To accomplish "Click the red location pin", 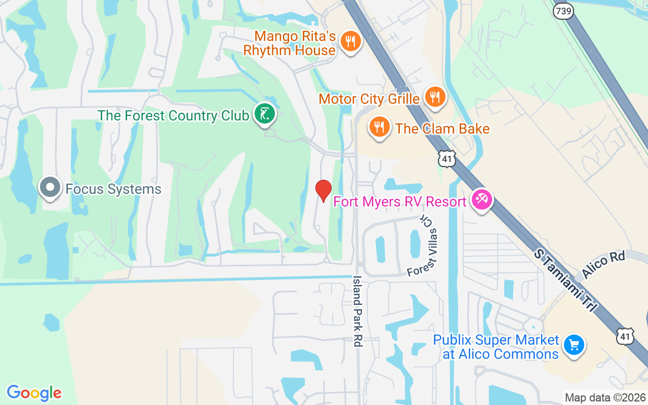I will pos(323,190).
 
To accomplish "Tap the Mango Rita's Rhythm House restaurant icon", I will pos(350,40).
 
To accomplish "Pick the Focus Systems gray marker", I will pos(50,187).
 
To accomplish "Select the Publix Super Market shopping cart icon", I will pos(574,345).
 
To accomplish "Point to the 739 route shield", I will pos(562,11).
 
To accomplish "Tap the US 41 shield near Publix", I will pos(625,336).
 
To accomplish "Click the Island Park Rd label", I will pos(358,311).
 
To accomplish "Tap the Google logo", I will pos(34,393).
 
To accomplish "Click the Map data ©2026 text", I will pos(605,398).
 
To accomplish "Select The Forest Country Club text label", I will pos(174,115).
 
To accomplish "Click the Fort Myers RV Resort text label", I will pos(399,202).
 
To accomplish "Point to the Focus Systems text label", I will pos(113,189).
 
